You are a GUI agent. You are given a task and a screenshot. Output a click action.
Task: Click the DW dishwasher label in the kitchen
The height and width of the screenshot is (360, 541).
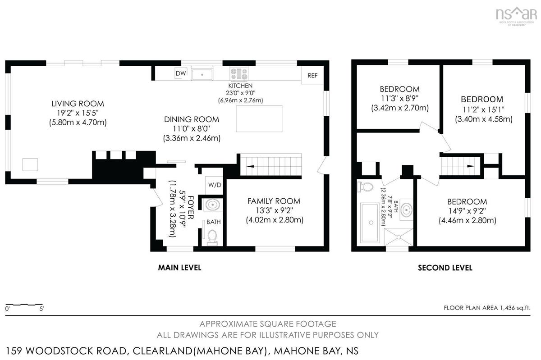[181, 73]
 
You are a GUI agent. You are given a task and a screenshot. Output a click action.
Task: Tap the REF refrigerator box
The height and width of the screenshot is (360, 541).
[312, 75]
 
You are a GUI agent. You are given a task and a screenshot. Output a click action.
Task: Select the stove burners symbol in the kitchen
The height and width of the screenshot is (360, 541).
[239, 74]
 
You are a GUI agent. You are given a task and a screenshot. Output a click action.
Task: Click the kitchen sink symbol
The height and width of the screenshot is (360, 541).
[202, 74]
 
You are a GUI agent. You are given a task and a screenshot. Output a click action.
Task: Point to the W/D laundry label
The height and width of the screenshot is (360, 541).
[215, 185]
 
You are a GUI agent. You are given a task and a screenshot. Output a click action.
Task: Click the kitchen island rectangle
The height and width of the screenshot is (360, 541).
[259, 118]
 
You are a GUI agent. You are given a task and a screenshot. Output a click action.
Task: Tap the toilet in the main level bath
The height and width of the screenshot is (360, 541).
[212, 237]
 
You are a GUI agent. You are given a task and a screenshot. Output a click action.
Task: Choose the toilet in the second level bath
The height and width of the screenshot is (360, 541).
[365, 187]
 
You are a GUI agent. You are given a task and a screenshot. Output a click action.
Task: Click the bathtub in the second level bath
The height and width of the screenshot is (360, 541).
[370, 223]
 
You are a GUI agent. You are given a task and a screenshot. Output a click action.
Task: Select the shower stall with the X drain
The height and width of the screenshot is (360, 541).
[399, 237]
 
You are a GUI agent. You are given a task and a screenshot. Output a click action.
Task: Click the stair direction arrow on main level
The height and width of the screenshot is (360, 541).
[250, 166]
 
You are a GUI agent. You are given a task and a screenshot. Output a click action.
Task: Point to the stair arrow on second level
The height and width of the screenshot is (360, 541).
[471, 166]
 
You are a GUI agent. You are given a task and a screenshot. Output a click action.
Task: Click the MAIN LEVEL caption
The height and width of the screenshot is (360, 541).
[179, 268]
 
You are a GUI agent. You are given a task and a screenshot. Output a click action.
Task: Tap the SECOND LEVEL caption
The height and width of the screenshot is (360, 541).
[445, 268]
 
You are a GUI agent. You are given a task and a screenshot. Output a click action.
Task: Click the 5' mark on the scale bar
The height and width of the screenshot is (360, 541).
[41, 309]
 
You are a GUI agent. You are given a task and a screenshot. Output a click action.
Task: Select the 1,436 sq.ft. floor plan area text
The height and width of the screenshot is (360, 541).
[515, 308]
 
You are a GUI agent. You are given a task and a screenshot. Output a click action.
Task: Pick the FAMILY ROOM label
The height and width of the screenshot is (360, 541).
[274, 201]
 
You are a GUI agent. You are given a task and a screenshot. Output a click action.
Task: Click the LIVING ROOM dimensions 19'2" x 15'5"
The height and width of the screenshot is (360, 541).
[78, 113]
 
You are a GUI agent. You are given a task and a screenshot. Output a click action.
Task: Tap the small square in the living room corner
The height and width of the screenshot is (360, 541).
[30, 164]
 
